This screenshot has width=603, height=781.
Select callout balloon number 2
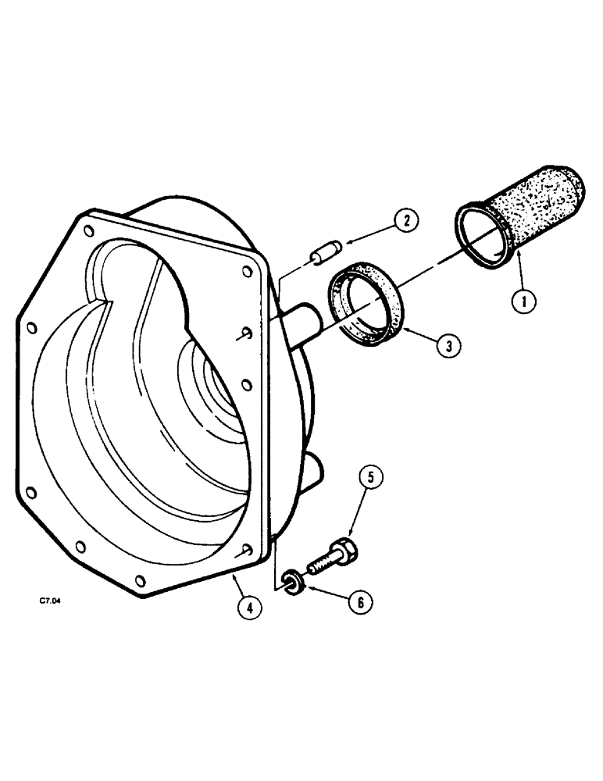coord(405,221)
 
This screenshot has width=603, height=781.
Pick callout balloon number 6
coord(360,601)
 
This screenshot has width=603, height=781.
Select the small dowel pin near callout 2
coord(323,255)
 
